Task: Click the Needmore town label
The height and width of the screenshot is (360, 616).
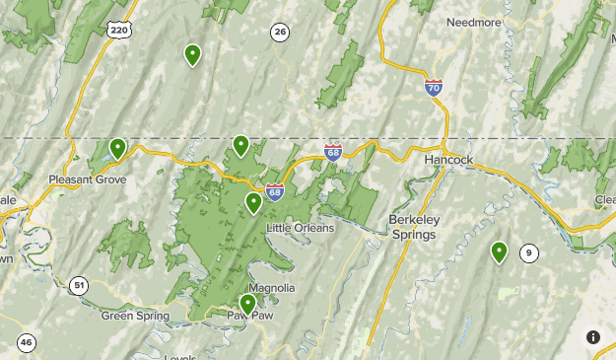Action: (x=474, y=22)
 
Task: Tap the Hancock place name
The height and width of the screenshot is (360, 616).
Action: (x=448, y=159)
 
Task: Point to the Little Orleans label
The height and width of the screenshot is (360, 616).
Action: (x=301, y=228)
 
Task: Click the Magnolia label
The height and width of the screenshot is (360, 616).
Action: (x=272, y=288)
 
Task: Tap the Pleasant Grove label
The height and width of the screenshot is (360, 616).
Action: (x=88, y=180)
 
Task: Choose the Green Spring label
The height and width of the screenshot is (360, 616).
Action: (x=135, y=316)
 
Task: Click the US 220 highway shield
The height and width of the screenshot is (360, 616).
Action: (x=119, y=31)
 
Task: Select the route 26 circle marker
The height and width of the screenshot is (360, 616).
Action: (x=281, y=33)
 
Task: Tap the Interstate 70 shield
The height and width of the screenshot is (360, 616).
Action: (x=434, y=87)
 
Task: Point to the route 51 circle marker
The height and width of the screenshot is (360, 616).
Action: (x=79, y=286)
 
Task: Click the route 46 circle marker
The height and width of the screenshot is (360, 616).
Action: (x=26, y=343)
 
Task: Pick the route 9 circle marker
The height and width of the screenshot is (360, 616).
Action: (x=529, y=252)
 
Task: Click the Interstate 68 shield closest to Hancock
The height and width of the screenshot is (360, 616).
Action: (x=333, y=152)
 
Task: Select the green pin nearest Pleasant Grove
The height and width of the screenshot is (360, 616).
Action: (x=117, y=149)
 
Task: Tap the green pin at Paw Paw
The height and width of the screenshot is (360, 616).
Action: (x=247, y=304)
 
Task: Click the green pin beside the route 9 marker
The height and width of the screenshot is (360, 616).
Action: (x=500, y=252)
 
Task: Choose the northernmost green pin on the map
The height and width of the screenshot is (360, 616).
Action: (x=192, y=54)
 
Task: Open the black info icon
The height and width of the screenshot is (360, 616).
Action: (x=593, y=337)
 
